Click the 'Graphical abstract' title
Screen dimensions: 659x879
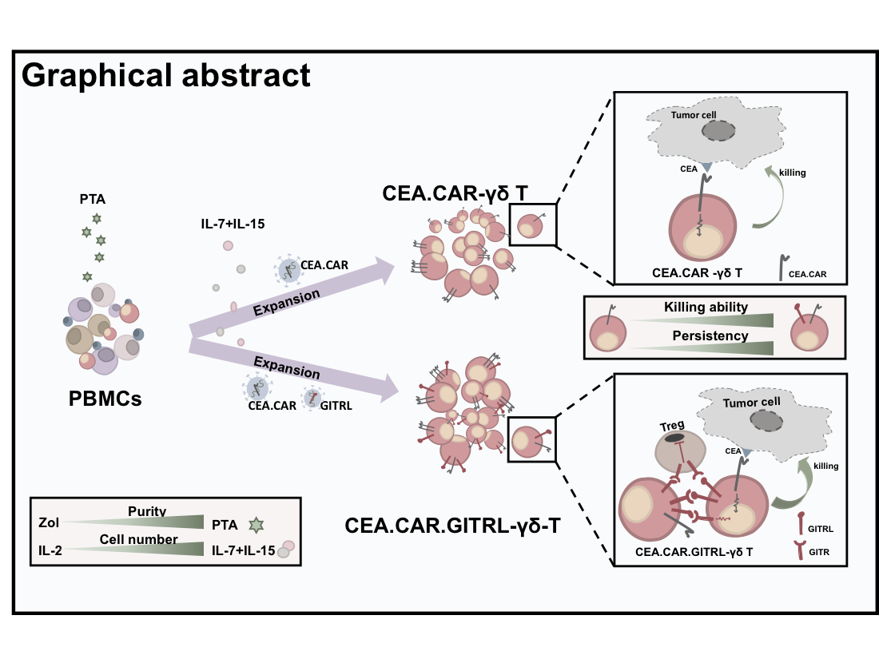(x=165, y=75)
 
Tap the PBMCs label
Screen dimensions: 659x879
(x=105, y=397)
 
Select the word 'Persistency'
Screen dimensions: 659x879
(x=706, y=335)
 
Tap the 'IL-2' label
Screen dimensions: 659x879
(x=50, y=551)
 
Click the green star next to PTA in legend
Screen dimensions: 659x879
(x=257, y=523)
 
